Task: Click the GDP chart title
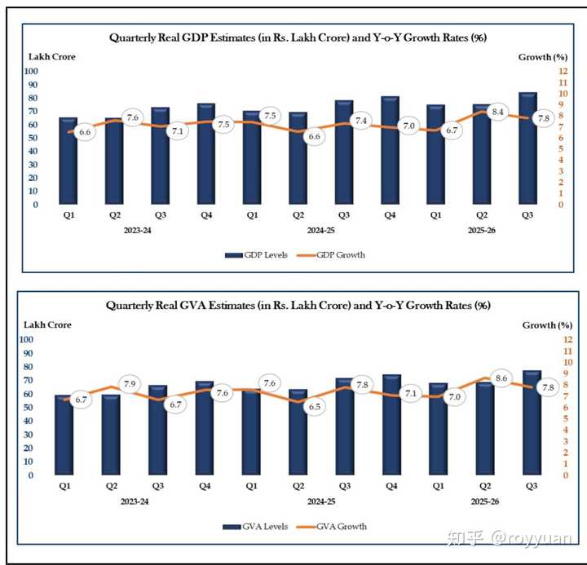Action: pyautogui.click(x=298, y=38)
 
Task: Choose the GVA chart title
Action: pyautogui.click(x=298, y=306)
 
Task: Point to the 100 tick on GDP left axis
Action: pyautogui.click(x=33, y=71)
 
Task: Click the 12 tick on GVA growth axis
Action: pyautogui.click(x=567, y=339)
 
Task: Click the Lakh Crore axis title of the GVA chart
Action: pyautogui.click(x=50, y=324)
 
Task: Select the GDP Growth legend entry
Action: pyautogui.click(x=338, y=254)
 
